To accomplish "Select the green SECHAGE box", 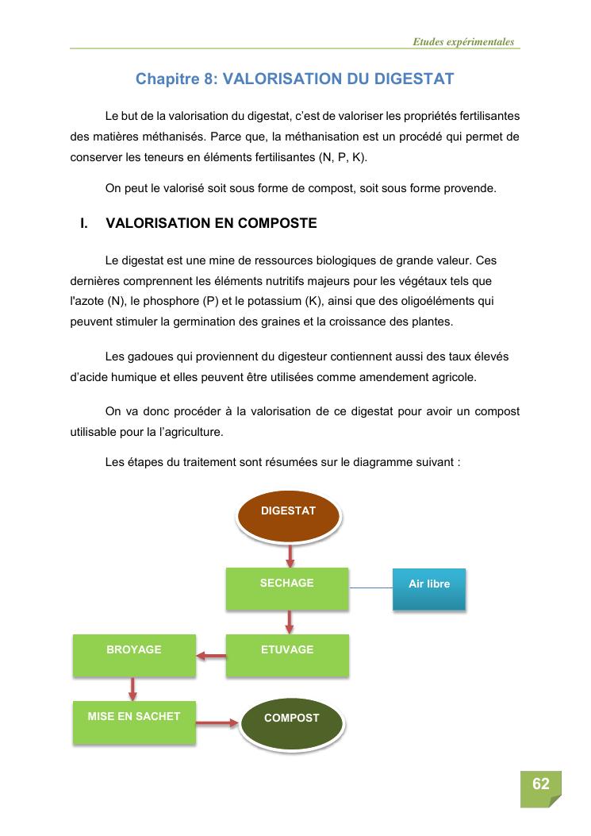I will pos(287,588).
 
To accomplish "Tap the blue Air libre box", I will pos(429,588).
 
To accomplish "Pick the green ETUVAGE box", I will pos(287,654).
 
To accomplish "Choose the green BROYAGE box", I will pos(134,654).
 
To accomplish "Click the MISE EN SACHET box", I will pos(134,721).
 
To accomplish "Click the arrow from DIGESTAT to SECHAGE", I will pos(290,554).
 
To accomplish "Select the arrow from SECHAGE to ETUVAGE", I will pos(290,621).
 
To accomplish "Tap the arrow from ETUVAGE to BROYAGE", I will pos(211,656).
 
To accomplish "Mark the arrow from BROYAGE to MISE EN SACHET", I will pos(132,688).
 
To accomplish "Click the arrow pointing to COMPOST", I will pos(217,722).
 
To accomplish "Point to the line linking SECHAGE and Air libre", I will pos(370,588).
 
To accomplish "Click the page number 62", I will pos(541,784).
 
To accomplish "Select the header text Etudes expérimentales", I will pos(463,42).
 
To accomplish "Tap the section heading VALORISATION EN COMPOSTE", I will pos(211,223).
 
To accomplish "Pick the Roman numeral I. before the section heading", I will pos(83,223).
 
